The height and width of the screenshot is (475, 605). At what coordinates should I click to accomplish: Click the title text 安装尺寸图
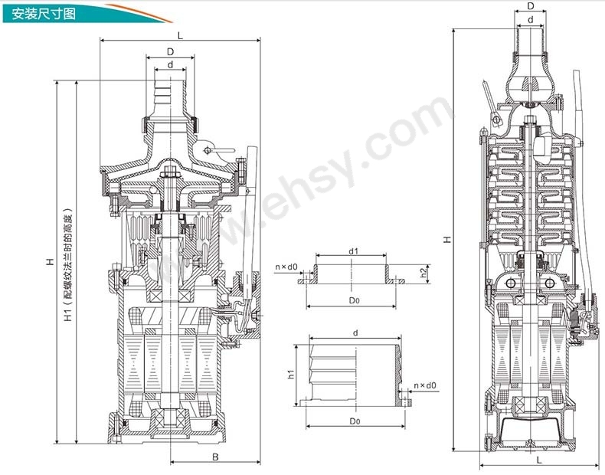pyautogui.click(x=43, y=15)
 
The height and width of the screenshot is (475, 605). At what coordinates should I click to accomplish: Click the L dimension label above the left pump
pyautogui.click(x=180, y=35)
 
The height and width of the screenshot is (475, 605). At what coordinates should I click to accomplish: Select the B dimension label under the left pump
pyautogui.click(x=215, y=457)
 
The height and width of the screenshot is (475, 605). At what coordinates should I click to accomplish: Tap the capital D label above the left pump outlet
pyautogui.click(x=170, y=51)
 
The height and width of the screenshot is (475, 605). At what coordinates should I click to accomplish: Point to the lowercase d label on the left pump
pyautogui.click(x=170, y=64)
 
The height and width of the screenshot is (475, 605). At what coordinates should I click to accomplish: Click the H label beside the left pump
pyautogui.click(x=50, y=262)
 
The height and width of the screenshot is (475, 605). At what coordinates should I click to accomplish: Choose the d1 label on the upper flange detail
pyautogui.click(x=354, y=251)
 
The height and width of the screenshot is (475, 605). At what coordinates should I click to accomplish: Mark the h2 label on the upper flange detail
pyautogui.click(x=424, y=272)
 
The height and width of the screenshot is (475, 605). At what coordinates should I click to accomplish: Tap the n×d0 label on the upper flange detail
pyautogui.click(x=286, y=267)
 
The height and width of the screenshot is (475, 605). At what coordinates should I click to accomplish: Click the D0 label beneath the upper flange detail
pyautogui.click(x=355, y=300)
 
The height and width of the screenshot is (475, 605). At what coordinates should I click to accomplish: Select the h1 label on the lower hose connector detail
pyautogui.click(x=291, y=373)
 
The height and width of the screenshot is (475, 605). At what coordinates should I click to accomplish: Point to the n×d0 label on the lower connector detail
pyautogui.click(x=425, y=385)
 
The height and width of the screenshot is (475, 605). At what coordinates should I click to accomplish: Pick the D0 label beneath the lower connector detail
pyautogui.click(x=355, y=421)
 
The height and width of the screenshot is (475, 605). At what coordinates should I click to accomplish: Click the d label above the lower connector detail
pyautogui.click(x=356, y=332)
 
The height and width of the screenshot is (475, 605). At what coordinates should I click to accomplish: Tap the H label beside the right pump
pyautogui.click(x=447, y=239)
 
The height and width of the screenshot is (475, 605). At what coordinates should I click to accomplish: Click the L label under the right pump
pyautogui.click(x=539, y=460)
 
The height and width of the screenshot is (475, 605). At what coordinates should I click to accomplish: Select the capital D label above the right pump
pyautogui.click(x=531, y=6)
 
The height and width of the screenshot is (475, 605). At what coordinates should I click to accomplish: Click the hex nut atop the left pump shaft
pyautogui.click(x=170, y=170)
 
